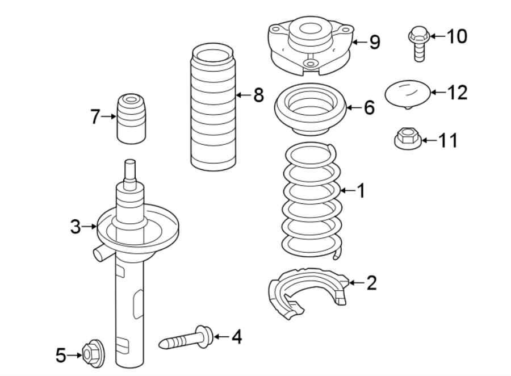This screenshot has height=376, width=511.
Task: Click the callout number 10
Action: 456,36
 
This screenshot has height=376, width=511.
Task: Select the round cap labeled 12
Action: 407,93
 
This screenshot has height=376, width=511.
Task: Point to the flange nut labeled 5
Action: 91,354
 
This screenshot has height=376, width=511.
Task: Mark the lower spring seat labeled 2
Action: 307,290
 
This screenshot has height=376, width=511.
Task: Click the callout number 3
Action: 76,227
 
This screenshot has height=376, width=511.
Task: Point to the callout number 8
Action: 258,95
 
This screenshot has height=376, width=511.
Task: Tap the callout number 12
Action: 456,92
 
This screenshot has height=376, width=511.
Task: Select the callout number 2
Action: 371,282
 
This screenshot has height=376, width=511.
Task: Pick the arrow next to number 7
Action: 108,116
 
